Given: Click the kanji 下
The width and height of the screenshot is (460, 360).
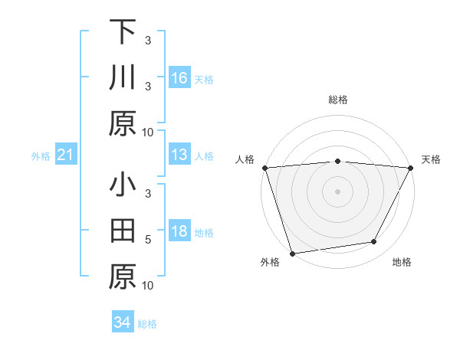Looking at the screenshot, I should tap(123, 32).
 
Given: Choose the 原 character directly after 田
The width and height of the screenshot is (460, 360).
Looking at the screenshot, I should tap(123, 277).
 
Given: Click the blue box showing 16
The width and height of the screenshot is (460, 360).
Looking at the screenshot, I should tap(179, 78).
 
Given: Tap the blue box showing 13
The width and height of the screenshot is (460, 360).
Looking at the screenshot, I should tap(179, 155).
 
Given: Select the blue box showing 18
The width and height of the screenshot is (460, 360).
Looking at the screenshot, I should tap(179, 232).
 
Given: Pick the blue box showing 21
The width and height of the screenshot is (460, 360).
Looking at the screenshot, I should tap(65, 155).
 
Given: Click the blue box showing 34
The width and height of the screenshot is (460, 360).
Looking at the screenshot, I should tap(122, 322).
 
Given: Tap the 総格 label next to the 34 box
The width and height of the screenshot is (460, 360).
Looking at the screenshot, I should tap(147, 324).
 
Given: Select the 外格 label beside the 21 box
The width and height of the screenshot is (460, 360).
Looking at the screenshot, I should tap(41, 156).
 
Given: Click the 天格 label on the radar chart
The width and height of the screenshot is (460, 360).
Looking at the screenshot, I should tap(431, 159).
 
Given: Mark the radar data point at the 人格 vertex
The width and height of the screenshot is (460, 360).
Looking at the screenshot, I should tap(264, 168).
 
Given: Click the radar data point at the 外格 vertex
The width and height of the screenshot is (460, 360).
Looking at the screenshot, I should tap(292, 253).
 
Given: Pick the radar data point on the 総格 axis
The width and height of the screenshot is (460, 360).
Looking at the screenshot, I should tap(337, 161).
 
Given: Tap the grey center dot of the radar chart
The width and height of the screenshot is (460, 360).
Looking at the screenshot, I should tap(337, 191).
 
